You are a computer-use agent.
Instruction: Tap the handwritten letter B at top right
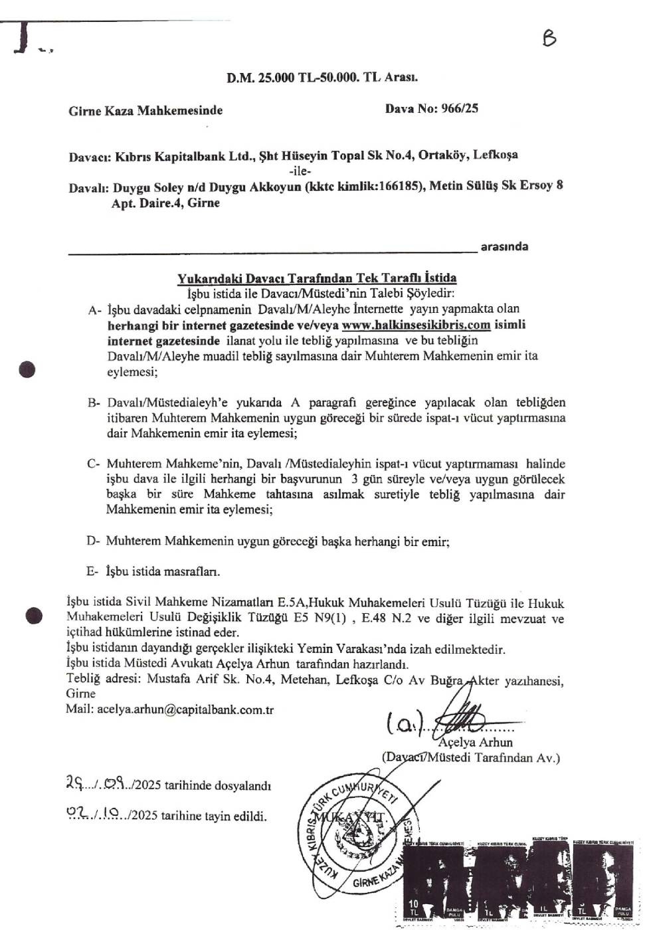click(x=549, y=39)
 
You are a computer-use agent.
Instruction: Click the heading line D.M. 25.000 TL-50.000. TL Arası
click(x=322, y=77)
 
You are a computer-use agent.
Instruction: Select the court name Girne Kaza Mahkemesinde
click(x=145, y=110)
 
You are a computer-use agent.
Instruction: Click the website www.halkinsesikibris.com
click(x=416, y=325)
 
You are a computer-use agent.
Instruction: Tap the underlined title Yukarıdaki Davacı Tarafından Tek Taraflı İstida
click(x=317, y=278)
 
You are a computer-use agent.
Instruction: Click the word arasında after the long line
click(x=504, y=246)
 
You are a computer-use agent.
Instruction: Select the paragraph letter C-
click(x=94, y=464)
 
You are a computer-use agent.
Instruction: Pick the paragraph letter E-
click(x=93, y=571)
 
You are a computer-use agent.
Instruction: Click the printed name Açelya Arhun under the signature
click(x=475, y=742)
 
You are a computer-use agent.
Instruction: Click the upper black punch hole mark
click(x=27, y=369)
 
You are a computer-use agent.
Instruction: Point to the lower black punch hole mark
click(x=33, y=616)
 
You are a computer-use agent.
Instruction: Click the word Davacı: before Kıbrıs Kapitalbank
click(x=90, y=157)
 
